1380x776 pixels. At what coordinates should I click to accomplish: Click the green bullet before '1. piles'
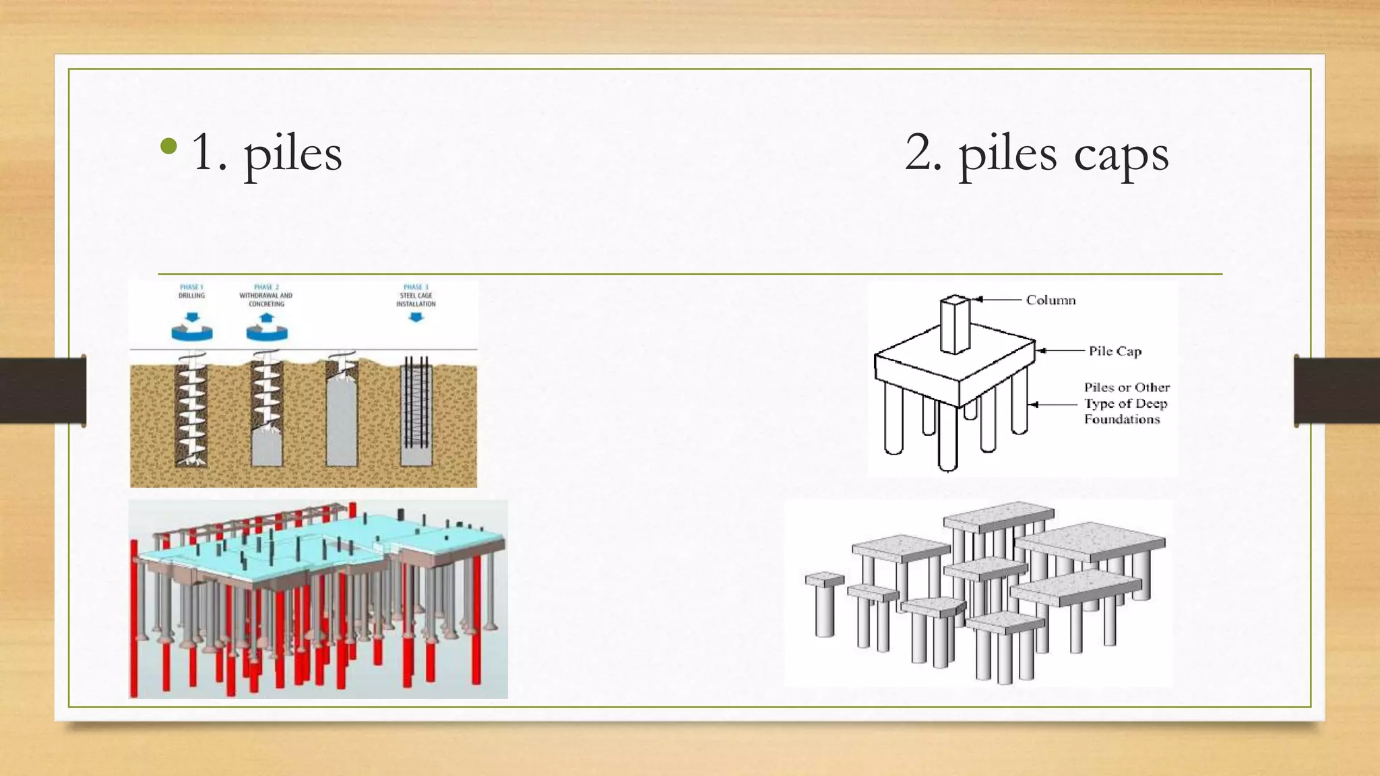pyautogui.click(x=169, y=146)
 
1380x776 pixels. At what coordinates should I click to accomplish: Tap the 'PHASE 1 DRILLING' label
pyautogui.click(x=191, y=291)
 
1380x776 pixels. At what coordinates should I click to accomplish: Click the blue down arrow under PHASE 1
pyautogui.click(x=193, y=317)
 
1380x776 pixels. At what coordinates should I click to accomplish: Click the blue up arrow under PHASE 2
pyautogui.click(x=267, y=318)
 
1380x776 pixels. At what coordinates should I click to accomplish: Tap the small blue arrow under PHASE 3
pyautogui.click(x=416, y=317)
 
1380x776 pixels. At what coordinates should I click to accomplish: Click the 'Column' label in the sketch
pyautogui.click(x=1050, y=300)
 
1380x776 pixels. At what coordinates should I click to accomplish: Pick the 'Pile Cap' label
pyautogui.click(x=1115, y=351)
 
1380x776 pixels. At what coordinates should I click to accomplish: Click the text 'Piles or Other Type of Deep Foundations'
pyautogui.click(x=1126, y=403)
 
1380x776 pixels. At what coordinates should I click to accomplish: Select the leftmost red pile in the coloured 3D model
pyautogui.click(x=134, y=620)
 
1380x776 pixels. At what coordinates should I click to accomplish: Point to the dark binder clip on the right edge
pyautogui.click(x=1336, y=391)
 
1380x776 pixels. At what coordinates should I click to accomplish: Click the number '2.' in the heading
pyautogui.click(x=923, y=153)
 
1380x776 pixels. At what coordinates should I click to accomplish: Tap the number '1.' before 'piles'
pyautogui.click(x=209, y=153)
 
